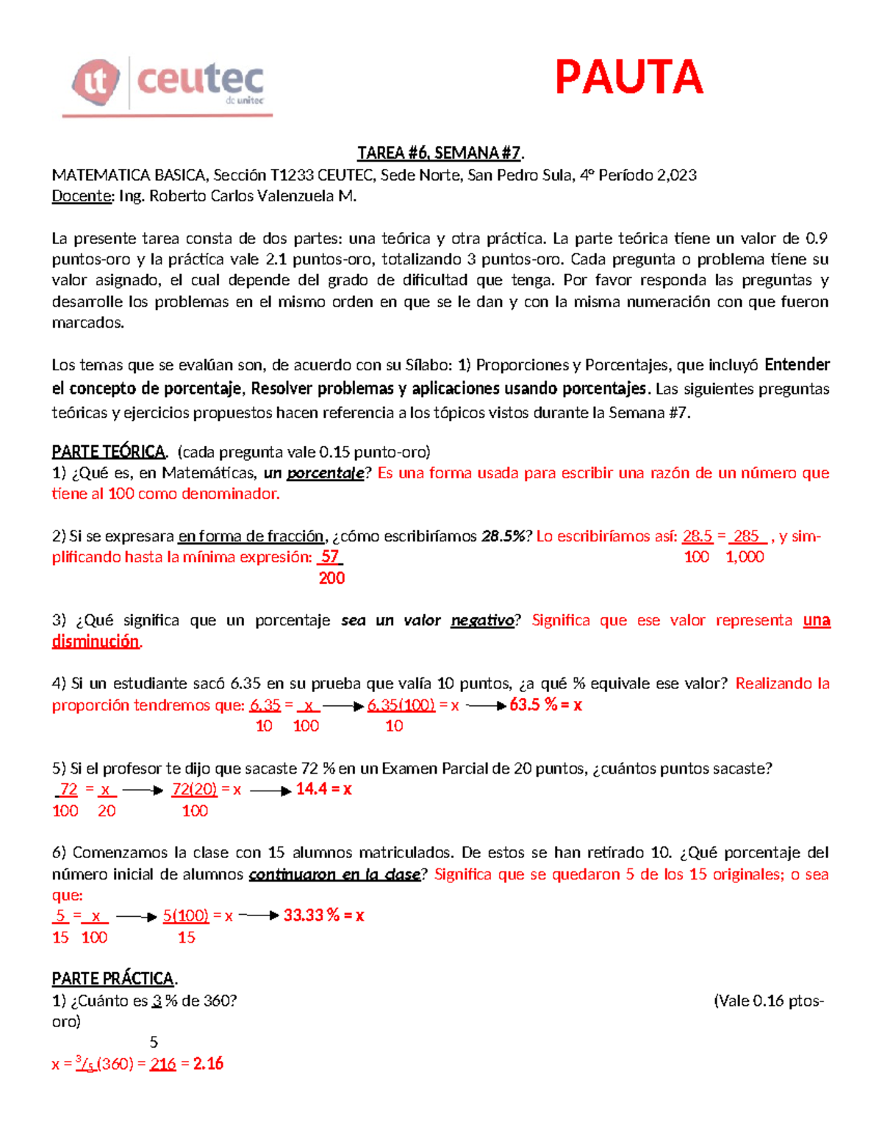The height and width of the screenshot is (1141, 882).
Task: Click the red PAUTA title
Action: tap(628, 78)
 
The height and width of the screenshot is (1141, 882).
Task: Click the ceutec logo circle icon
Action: tap(96, 82)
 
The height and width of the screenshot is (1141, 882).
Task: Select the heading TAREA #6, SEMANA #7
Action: tap(440, 153)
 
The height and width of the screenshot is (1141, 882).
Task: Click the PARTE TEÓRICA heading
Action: tap(109, 452)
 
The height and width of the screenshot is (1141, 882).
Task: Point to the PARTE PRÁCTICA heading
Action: tap(113, 979)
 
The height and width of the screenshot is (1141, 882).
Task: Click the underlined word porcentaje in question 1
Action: tap(325, 473)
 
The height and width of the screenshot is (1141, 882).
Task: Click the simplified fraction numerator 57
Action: tap(330, 557)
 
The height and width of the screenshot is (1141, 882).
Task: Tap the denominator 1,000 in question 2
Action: tap(745, 557)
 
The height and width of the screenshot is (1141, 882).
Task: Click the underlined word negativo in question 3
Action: tap(482, 621)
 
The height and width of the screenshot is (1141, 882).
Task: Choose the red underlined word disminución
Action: tap(96, 641)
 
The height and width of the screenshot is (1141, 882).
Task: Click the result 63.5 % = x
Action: tap(545, 705)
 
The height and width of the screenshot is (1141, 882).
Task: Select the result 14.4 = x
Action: tap(323, 789)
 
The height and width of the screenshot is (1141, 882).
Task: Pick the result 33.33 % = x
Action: tap(323, 915)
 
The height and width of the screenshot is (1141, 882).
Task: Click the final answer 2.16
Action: tap(208, 1064)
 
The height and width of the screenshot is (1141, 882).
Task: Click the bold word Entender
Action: tap(797, 365)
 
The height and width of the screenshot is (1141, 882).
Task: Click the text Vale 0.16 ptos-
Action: tap(769, 1001)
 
